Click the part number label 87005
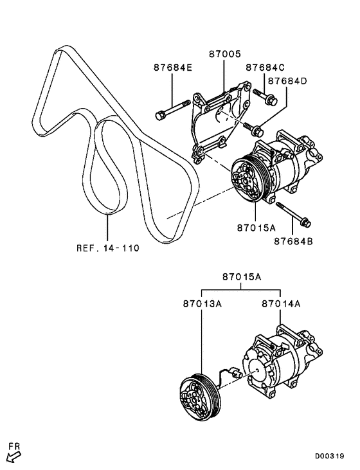pos(224,56)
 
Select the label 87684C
pos(264,67)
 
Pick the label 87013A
pos(202,303)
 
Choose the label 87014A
pos(282,303)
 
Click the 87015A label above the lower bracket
pos(242,277)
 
